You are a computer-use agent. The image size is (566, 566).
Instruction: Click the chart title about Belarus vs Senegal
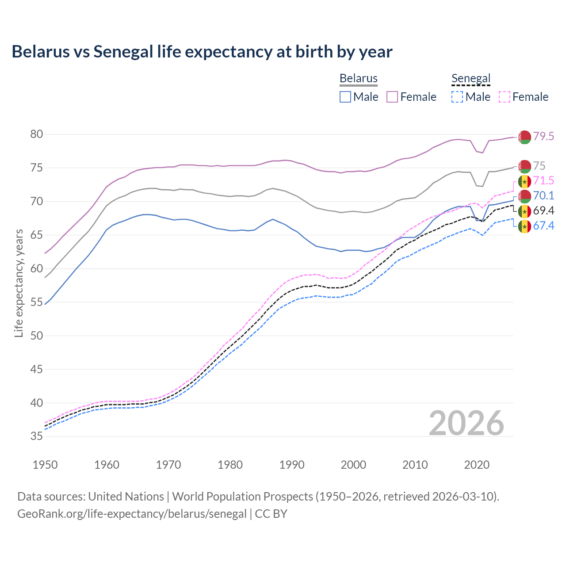[202, 52]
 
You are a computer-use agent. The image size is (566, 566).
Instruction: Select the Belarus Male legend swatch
[345, 97]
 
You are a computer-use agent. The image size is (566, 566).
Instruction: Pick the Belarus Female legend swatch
[392, 97]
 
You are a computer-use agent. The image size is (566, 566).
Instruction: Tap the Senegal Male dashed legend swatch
[457, 97]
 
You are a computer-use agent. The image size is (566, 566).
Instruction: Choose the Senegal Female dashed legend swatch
[505, 97]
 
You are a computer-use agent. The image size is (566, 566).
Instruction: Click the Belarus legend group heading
[358, 79]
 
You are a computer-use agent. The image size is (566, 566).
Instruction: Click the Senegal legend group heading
[471, 79]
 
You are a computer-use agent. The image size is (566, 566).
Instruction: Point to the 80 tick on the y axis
[37, 134]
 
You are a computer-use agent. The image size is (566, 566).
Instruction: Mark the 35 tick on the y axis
[37, 436]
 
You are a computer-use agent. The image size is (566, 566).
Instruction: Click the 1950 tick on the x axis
[45, 465]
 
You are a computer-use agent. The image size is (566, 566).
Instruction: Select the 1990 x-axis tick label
[292, 465]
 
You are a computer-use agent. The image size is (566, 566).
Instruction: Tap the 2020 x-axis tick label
[477, 465]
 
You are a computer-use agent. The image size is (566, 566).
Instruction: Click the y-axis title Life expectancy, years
[19, 283]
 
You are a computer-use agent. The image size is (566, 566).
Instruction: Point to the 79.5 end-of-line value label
[543, 137]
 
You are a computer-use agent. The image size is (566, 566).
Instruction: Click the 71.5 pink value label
[543, 181]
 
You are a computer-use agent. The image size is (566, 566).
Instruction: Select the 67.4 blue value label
[543, 226]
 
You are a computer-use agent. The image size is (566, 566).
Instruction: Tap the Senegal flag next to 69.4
[524, 211]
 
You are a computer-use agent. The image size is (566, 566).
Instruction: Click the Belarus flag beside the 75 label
[524, 166]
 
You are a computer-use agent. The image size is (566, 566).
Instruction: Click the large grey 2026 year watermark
[467, 423]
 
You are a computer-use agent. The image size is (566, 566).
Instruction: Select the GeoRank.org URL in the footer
[132, 514]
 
